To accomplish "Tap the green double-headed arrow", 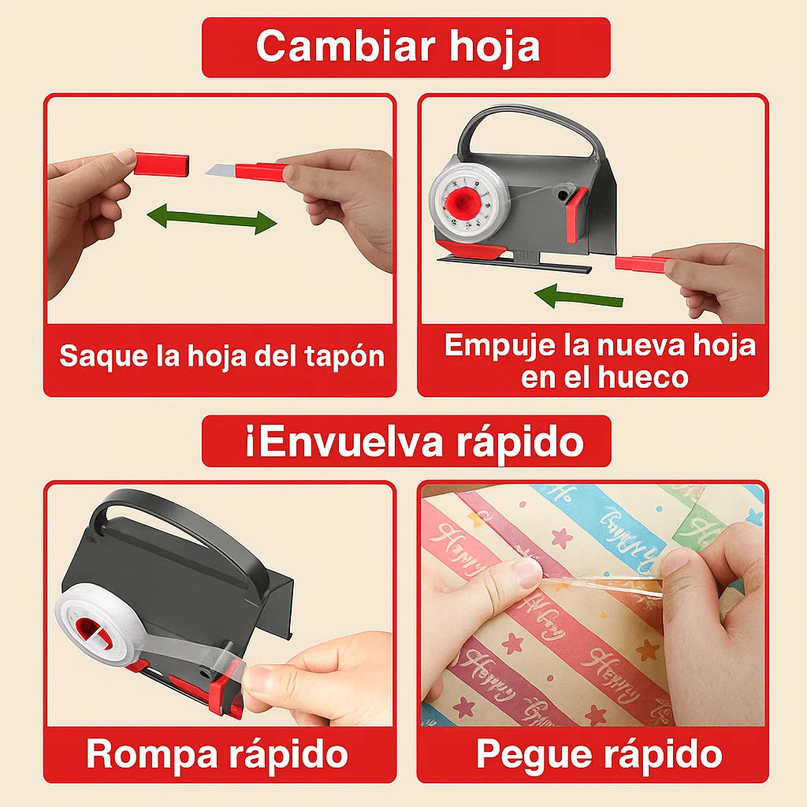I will [212, 218].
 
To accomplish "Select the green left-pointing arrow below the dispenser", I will [578, 297].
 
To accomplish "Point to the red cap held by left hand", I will [161, 165].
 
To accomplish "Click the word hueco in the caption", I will [643, 377].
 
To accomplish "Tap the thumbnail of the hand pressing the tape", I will [527, 573].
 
